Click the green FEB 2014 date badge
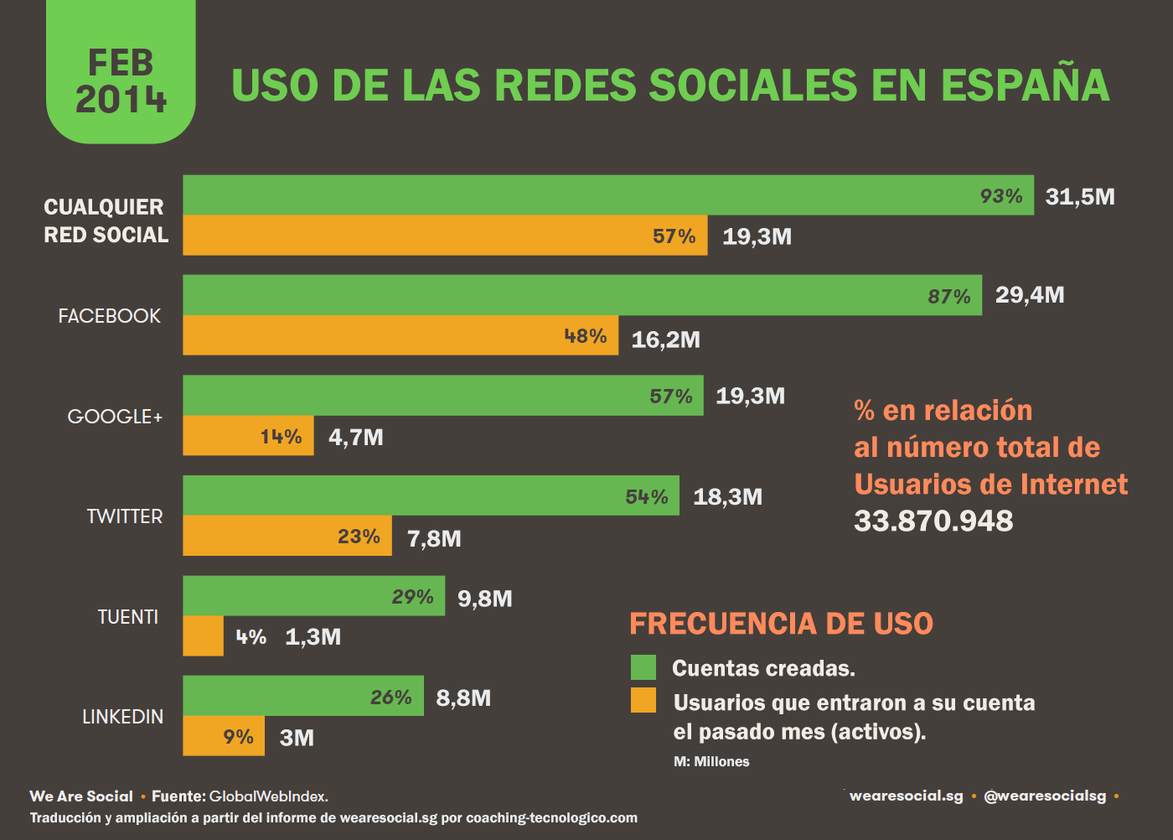[x=121, y=75]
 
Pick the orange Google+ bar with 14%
[x=248, y=436]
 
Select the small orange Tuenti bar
[x=203, y=636]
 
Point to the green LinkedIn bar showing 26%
[x=302, y=696]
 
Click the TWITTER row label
[x=125, y=516]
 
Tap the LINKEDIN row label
[x=122, y=717]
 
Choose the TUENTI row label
[x=127, y=617]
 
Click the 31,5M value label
[x=1079, y=197]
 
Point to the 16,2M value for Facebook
[x=665, y=340]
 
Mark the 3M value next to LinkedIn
[x=297, y=738]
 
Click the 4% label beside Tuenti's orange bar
[x=251, y=637]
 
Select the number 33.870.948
[x=933, y=521]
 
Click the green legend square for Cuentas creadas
[x=643, y=667]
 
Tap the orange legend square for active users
[x=643, y=700]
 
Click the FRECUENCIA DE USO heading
[x=781, y=624]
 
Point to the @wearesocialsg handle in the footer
[x=1044, y=796]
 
